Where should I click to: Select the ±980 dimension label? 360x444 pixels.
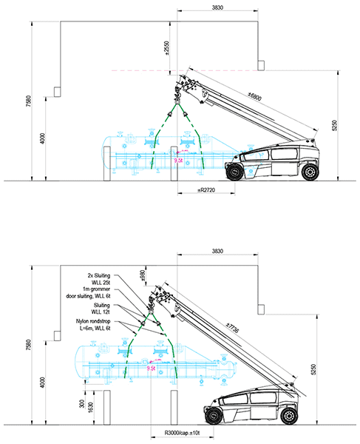point(143,277)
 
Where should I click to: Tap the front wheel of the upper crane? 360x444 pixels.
point(237,172)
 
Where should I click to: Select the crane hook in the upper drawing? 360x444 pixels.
point(177,93)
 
